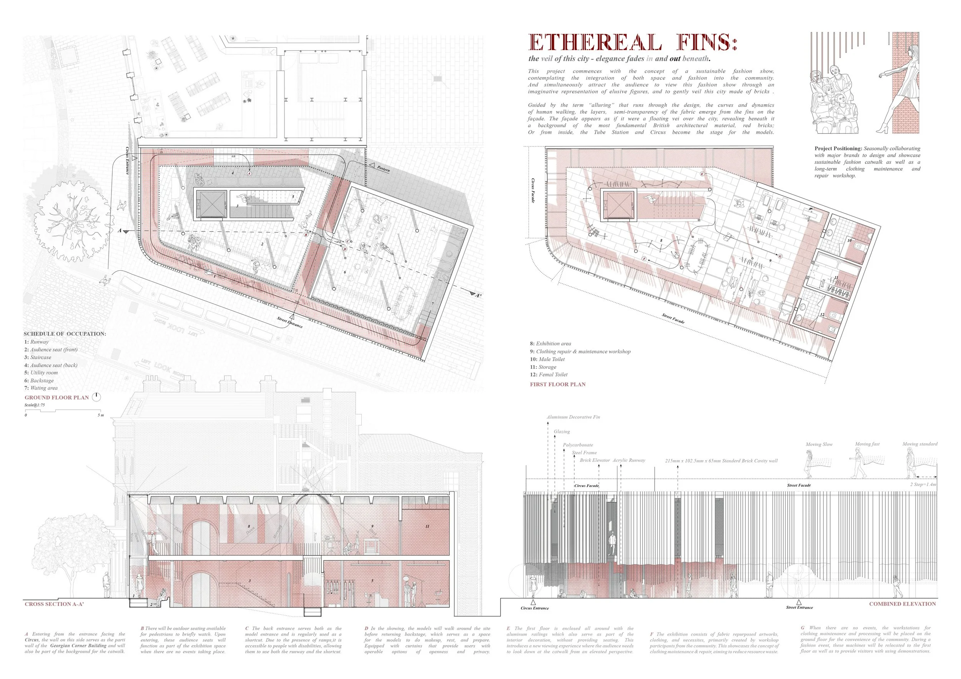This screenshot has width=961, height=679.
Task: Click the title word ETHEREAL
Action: (595, 43)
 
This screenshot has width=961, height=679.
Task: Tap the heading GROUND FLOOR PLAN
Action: (57, 398)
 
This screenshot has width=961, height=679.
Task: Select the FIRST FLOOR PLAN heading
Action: (557, 384)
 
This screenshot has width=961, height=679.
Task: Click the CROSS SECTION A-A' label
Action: (55, 604)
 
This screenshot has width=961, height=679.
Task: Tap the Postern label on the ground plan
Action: (383, 168)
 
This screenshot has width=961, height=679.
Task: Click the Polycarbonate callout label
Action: (578, 445)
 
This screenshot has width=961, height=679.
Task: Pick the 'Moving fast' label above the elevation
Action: (867, 444)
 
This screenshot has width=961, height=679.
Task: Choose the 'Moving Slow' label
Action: (819, 444)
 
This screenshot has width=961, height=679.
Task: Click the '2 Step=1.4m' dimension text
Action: (923, 484)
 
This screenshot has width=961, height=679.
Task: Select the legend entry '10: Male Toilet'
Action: (547, 359)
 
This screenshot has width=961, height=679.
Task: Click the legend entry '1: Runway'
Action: (37, 342)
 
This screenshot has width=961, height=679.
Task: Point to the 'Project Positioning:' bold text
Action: (838, 149)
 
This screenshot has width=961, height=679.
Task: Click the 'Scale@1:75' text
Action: (35, 405)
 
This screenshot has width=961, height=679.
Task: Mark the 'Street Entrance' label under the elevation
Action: (799, 607)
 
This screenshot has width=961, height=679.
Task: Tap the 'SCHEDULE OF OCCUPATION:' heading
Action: (65, 334)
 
